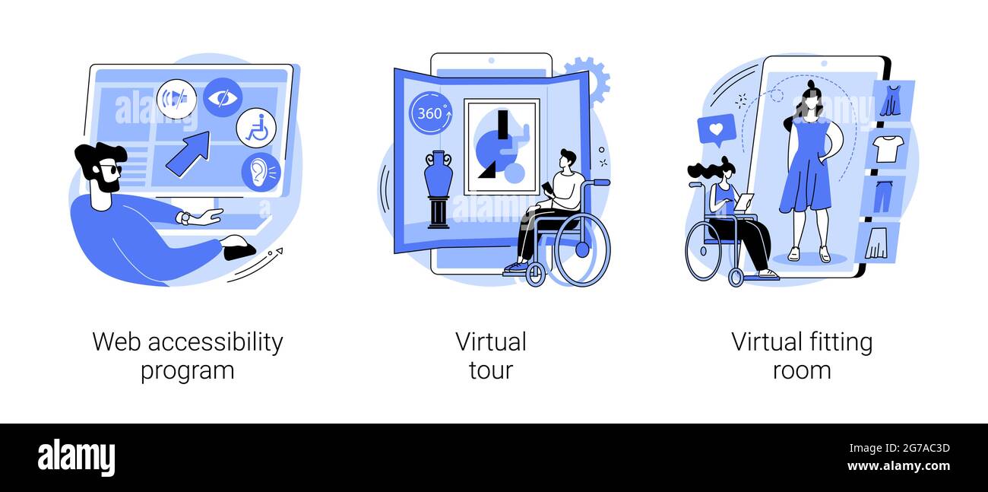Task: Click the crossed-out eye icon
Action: click(x=223, y=97)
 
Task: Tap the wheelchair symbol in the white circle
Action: click(x=256, y=128)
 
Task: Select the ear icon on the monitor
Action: click(x=261, y=172)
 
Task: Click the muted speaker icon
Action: click(x=176, y=99)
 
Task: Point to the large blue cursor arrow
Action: click(x=188, y=153)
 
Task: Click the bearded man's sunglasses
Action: click(x=111, y=170)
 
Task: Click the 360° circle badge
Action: click(x=431, y=113)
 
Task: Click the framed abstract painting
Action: click(x=502, y=147)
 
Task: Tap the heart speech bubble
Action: click(x=717, y=129)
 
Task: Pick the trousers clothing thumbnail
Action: click(x=883, y=195)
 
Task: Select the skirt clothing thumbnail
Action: click(x=878, y=243)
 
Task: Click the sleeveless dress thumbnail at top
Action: click(x=893, y=100)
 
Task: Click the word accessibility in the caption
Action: click(x=215, y=343)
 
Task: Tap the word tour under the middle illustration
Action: click(x=491, y=370)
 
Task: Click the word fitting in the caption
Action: click(x=841, y=343)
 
